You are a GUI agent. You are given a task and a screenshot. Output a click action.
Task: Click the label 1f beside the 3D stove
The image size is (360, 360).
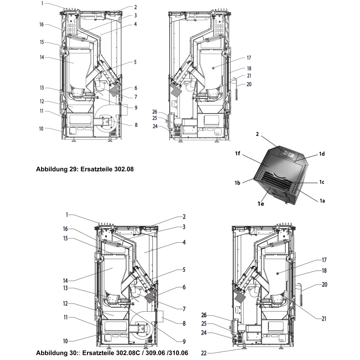coord(238,154)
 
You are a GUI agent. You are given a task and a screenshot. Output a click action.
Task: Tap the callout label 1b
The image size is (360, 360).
coord(238,183)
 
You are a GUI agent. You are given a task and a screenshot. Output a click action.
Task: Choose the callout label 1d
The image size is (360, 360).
coord(321,154)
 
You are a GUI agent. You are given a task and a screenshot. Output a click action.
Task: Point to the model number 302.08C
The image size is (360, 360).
coord(123,352)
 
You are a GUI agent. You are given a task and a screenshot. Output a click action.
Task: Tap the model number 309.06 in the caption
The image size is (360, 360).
coord(150,352)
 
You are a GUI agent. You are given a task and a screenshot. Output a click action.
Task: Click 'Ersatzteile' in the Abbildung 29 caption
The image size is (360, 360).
coord(91,168)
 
